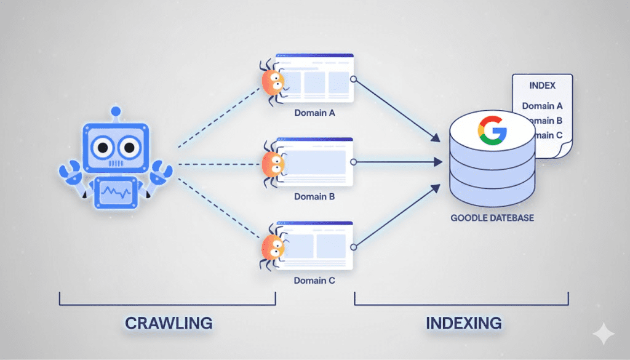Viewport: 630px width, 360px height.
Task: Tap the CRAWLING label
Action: tap(169, 322)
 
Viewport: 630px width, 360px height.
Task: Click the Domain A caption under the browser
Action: tap(314, 113)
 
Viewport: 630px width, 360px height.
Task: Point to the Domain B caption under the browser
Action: tap(314, 197)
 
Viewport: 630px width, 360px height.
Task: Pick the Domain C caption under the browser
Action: tap(314, 281)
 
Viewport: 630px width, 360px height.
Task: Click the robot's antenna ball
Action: tap(115, 112)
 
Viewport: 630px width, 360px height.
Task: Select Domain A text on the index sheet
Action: tap(542, 106)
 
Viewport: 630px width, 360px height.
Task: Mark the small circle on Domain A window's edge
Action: tap(353, 79)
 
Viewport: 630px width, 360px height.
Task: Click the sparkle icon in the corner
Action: tap(604, 334)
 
